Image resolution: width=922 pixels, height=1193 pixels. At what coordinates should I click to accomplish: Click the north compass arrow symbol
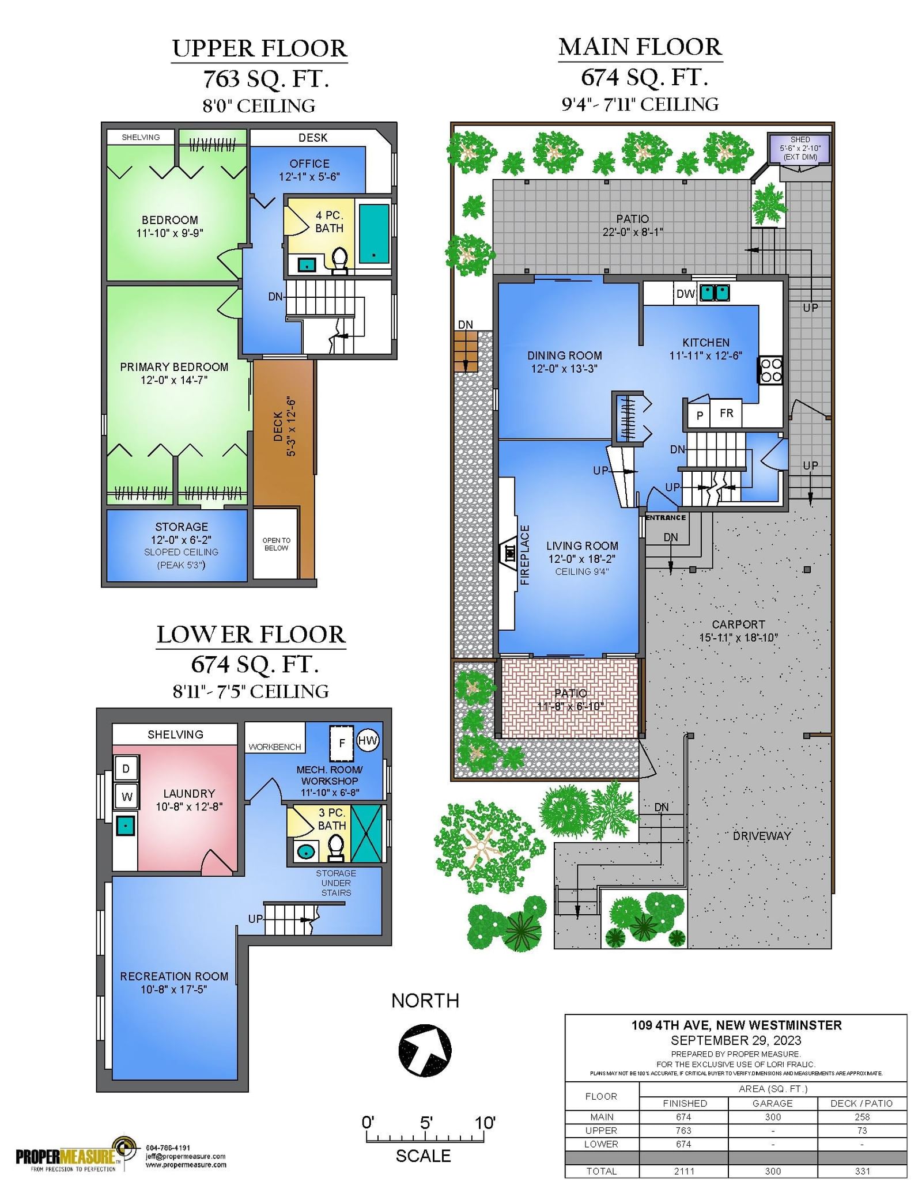pyautogui.click(x=425, y=1050)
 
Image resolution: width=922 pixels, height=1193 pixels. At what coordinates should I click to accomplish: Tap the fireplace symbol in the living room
pyautogui.click(x=509, y=554)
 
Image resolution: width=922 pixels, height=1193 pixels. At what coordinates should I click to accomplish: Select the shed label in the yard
pyautogui.click(x=800, y=148)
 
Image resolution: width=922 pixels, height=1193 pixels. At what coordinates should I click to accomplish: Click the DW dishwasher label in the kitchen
pyautogui.click(x=685, y=294)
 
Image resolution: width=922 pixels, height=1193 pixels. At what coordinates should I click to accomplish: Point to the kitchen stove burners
pyautogui.click(x=771, y=370)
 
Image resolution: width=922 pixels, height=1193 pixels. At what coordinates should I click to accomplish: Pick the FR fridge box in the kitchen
pyautogui.click(x=726, y=413)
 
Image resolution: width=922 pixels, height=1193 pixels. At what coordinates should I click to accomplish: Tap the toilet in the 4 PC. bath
pyautogui.click(x=340, y=260)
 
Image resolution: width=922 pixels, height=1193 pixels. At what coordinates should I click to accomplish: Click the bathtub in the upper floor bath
pyautogui.click(x=374, y=233)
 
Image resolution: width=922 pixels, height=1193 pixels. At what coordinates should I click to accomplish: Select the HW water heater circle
pyautogui.click(x=368, y=740)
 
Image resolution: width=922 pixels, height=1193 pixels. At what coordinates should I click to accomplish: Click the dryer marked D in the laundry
pyautogui.click(x=126, y=768)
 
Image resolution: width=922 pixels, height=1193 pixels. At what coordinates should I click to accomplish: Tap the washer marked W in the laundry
pyautogui.click(x=126, y=797)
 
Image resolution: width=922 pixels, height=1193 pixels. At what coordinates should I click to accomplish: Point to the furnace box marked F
pyautogui.click(x=342, y=743)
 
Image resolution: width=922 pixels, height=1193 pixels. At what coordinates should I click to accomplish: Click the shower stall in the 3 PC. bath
pyautogui.click(x=366, y=833)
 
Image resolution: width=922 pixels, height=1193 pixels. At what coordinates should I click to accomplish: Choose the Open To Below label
pyautogui.click(x=276, y=544)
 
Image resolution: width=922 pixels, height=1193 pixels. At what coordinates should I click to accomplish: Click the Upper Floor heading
pyautogui.click(x=259, y=48)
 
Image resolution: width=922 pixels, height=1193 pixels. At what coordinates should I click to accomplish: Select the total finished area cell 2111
pyautogui.click(x=684, y=1171)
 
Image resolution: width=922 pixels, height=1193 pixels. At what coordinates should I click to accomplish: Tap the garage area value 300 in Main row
pyautogui.click(x=773, y=1117)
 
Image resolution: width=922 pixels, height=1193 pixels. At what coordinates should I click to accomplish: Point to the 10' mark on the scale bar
pyautogui.click(x=485, y=1123)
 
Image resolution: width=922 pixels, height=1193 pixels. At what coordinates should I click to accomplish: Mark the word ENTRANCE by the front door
pyautogui.click(x=666, y=517)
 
